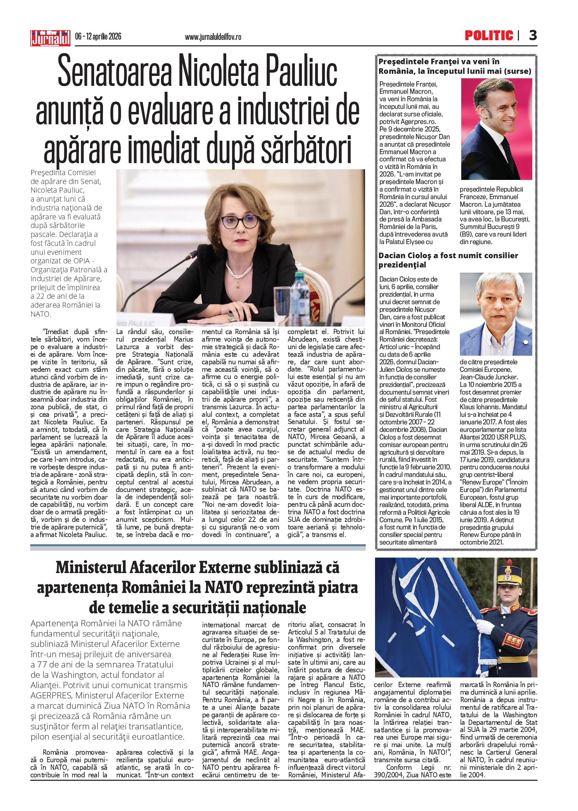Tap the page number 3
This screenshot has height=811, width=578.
(532, 35)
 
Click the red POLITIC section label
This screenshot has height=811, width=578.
(489, 35)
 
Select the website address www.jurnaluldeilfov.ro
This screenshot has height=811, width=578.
(213, 37)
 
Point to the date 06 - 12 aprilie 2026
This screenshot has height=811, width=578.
(98, 37)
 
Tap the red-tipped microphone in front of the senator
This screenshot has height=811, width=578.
(193, 255)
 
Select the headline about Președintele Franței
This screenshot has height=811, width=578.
(454, 66)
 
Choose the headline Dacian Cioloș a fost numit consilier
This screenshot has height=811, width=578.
(448, 260)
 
